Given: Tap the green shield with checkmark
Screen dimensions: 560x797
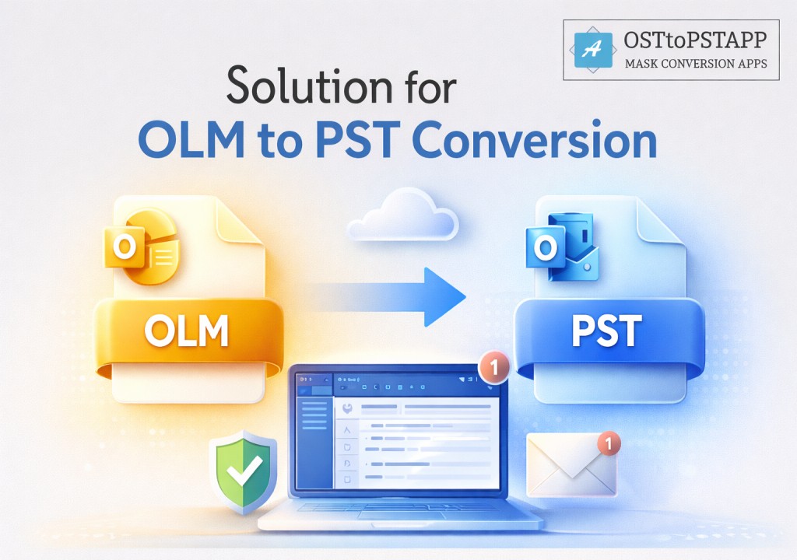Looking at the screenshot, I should point(244,471).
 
